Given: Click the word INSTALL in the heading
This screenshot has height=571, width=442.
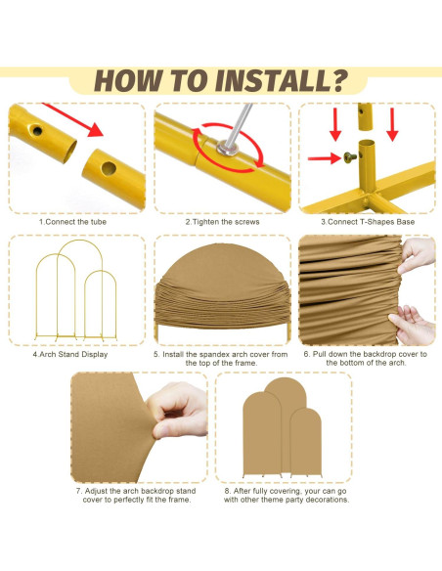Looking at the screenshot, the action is (273, 80).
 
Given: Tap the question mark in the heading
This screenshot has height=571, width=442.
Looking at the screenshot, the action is (339, 80).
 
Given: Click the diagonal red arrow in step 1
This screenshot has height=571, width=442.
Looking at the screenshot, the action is (72, 119).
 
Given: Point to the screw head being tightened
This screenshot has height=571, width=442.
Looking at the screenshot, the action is (227, 149).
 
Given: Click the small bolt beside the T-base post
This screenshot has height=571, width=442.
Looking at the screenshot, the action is (350, 157).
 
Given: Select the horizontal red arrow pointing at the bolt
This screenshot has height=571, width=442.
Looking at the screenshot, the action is (324, 158).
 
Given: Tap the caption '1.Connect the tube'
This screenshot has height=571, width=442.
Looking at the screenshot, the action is (72, 222).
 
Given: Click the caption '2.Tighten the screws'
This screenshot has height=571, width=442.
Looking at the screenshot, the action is (222, 222).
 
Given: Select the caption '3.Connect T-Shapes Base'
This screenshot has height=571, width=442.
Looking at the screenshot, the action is (368, 222).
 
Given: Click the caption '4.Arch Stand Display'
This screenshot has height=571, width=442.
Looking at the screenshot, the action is (70, 354).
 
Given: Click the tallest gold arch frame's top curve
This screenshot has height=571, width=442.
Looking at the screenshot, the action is (80, 242).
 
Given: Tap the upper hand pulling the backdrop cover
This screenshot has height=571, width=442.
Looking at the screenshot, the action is (417, 254).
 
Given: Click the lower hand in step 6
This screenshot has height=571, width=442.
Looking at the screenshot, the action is (414, 324).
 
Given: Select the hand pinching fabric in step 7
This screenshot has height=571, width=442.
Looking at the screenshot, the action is (178, 410).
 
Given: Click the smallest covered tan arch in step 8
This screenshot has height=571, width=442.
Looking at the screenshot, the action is (306, 441).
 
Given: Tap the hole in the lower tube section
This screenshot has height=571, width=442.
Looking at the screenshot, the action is (109, 168).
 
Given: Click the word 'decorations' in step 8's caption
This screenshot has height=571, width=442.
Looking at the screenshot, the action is (327, 500).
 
